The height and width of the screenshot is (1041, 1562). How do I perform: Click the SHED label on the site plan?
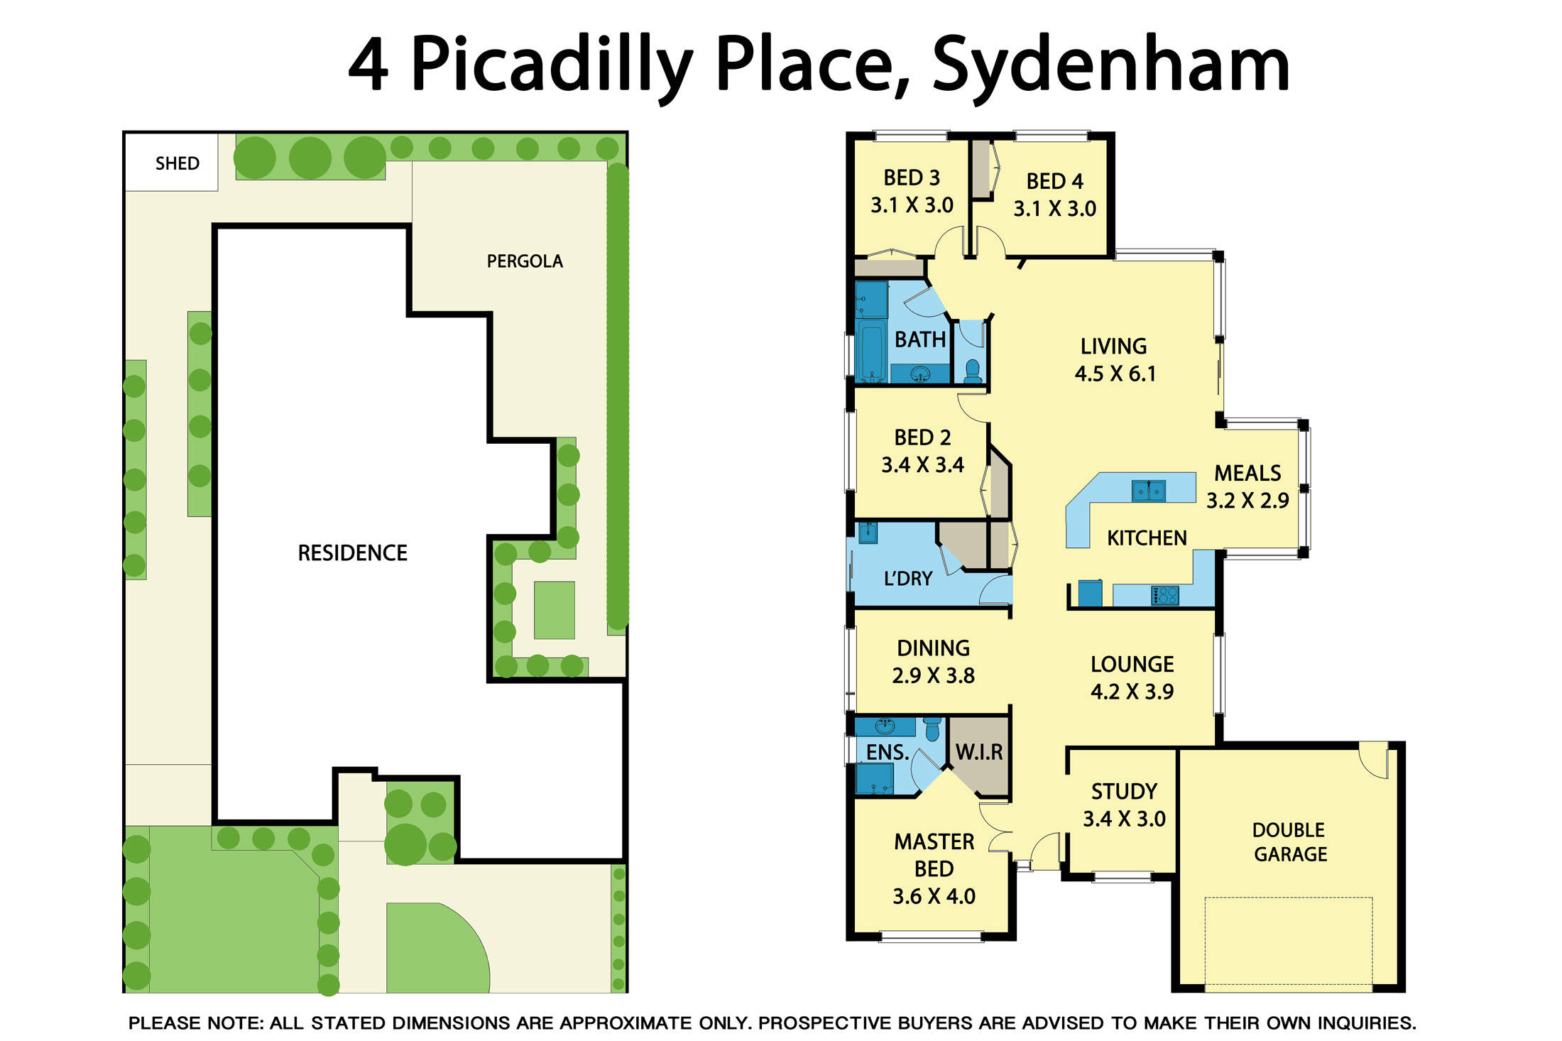coord(177,163)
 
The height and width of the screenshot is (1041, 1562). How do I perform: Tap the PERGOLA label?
coord(525,261)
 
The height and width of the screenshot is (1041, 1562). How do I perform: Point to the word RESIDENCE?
coord(352,552)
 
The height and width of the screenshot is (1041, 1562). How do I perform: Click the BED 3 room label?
coord(912,177)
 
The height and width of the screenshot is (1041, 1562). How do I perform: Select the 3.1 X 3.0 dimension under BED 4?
coord(1054,209)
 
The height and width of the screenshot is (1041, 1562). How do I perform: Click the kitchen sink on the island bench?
coord(1148,491)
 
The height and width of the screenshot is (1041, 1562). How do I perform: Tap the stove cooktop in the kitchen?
coord(1164,594)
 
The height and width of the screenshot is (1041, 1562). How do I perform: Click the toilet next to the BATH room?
coord(973,371)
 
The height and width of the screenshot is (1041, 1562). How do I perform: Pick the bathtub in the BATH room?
coord(870,351)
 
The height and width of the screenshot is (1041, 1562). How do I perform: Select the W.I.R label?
coord(979,752)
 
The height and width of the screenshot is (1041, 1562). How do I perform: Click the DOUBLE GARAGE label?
coord(1290,841)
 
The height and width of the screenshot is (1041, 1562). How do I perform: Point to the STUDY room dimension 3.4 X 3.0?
coord(1124,819)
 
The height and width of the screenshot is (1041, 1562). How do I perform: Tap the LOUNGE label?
coord(1132,664)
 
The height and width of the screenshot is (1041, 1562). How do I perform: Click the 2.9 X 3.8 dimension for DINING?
coord(933,675)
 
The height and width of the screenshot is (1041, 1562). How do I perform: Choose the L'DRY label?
coord(907,578)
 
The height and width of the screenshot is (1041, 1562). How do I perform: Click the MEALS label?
coord(1247,473)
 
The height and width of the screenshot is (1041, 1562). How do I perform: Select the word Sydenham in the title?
coord(1110,66)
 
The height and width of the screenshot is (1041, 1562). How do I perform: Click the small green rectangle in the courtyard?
coord(555,610)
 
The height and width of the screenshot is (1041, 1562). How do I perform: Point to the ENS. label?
coord(887,752)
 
